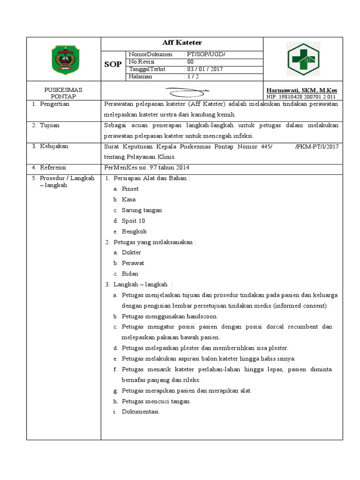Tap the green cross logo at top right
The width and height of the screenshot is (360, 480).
303,59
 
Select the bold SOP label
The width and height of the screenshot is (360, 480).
113,64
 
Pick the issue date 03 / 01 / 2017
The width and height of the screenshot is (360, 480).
205,69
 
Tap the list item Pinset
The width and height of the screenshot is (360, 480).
130,189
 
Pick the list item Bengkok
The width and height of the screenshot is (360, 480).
134,232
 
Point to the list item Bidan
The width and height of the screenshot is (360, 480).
130,274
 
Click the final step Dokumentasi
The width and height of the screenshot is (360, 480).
141,412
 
